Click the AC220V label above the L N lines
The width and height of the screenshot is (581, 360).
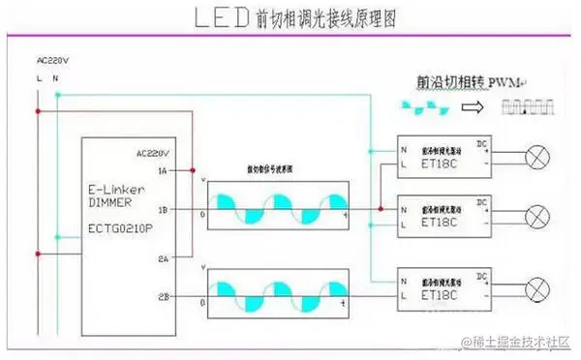click(52, 60)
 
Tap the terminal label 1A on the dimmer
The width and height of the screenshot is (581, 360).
click(163, 170)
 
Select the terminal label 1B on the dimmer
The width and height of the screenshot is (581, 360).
click(163, 208)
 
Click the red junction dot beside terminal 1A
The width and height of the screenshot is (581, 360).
click(194, 170)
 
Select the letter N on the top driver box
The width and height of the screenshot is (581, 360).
click(404, 149)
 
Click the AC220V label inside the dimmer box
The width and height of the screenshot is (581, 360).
click(154, 153)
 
